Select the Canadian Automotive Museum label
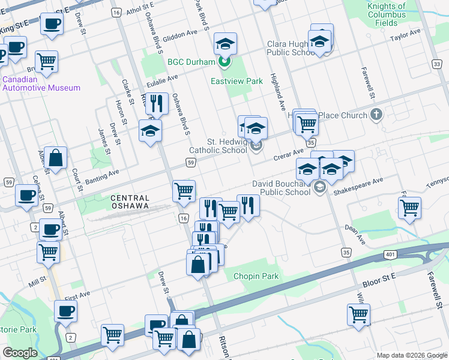pyautogui.click(x=41, y=83)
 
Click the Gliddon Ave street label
pyautogui.click(x=183, y=34)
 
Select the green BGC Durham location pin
pyautogui.click(x=224, y=61)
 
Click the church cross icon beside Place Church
pyautogui.click(x=376, y=114)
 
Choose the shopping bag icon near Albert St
pyautogui.click(x=55, y=158)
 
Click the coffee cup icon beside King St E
pyautogui.click(x=52, y=24)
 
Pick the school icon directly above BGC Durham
pyautogui.click(x=225, y=43)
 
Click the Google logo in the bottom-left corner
pyautogui.click(x=20, y=353)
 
